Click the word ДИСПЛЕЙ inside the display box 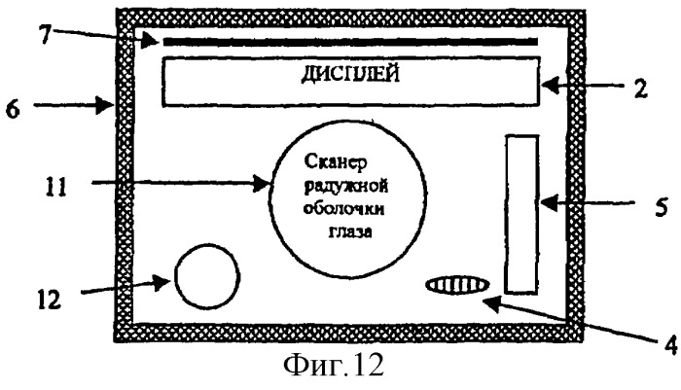click(x=350, y=74)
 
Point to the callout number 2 click(x=640, y=89)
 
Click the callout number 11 click(x=56, y=188)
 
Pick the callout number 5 click(x=661, y=208)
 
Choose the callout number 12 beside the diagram click(x=50, y=301)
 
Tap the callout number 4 click(x=671, y=345)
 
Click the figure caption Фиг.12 click(x=334, y=366)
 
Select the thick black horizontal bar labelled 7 click(x=350, y=42)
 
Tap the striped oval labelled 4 click(x=457, y=285)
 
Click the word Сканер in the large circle click(x=336, y=162)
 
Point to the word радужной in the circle click(x=346, y=187)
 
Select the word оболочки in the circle click(x=343, y=209)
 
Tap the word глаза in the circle click(x=350, y=231)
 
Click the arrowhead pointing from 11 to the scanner click(x=263, y=183)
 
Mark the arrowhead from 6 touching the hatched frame click(x=105, y=105)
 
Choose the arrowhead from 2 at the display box click(x=550, y=85)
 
